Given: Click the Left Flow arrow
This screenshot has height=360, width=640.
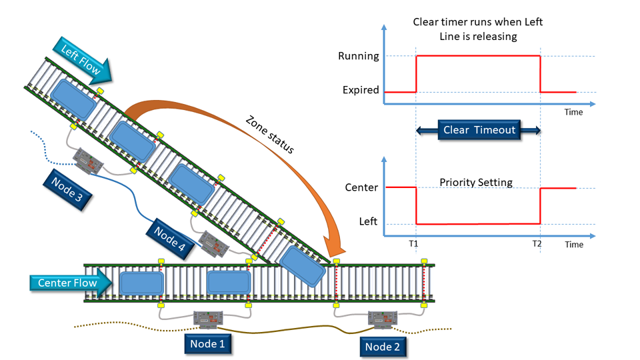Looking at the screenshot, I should point(84,58).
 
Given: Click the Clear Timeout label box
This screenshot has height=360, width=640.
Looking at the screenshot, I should point(479,130).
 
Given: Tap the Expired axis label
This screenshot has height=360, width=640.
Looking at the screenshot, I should point(361,90).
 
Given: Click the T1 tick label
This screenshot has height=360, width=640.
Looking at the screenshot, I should point(413,244).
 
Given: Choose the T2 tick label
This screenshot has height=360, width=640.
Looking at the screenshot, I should point(537,244).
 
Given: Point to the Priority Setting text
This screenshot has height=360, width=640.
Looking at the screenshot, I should point(476,182).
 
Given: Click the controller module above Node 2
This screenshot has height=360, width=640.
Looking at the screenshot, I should point(383,321).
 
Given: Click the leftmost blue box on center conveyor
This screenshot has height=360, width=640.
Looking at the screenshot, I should point(141,283).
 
